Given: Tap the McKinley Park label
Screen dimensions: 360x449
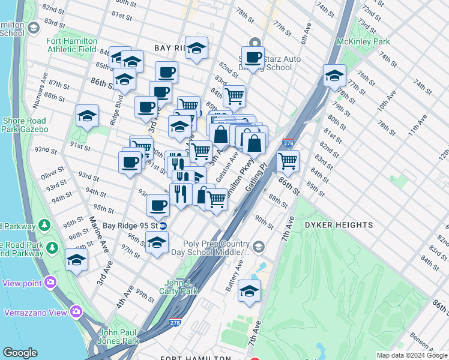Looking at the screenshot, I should (363, 41).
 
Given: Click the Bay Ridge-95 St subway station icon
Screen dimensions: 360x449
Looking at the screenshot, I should (163, 226).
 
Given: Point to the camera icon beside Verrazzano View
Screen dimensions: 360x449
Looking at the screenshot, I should (76, 311).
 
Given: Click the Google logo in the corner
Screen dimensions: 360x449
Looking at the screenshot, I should (20, 353).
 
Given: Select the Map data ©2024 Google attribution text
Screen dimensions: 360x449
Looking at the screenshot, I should (412, 355).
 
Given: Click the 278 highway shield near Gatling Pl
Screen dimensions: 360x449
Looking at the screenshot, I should (288, 143).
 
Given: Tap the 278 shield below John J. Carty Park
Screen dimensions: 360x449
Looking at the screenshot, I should (175, 322).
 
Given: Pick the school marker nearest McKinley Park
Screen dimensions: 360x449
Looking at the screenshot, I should (334, 76).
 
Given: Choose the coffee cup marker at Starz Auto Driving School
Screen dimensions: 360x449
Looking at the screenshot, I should (254, 58).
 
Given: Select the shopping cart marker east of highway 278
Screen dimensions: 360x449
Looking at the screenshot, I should (288, 161).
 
